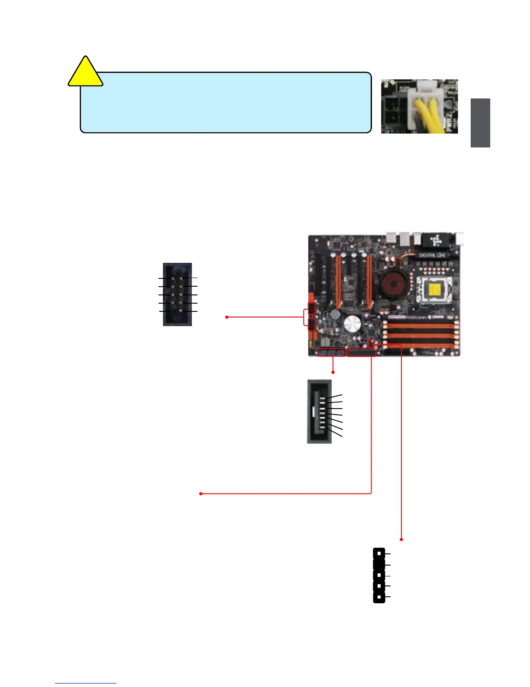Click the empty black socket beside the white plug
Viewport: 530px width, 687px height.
(x=394, y=110)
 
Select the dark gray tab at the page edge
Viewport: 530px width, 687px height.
(x=480, y=123)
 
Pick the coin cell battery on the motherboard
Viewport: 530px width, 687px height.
(x=335, y=315)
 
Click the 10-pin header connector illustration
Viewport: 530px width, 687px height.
(x=177, y=294)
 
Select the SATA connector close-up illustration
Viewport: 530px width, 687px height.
(x=320, y=411)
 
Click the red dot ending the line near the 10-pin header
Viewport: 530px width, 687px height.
(x=227, y=317)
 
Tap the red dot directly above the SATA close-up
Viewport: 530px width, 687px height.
(x=333, y=372)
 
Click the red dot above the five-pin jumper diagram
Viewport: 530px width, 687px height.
(x=401, y=540)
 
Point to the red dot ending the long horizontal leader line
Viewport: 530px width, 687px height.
(x=200, y=494)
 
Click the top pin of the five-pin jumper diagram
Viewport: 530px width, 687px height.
(x=379, y=553)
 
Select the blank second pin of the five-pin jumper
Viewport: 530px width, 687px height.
(x=379, y=564)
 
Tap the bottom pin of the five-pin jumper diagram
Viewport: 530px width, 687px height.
(x=379, y=597)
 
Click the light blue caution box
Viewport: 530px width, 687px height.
(x=226, y=102)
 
